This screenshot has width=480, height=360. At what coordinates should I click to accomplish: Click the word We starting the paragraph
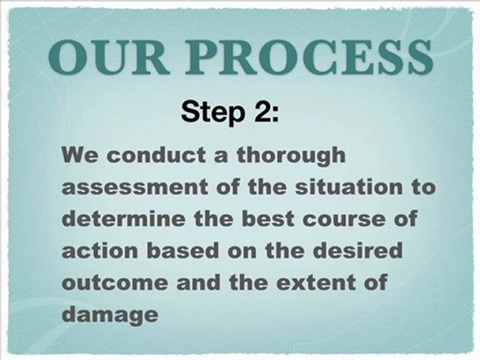pyautogui.click(x=79, y=155)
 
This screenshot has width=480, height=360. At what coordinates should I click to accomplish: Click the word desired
pyautogui.click(x=357, y=250)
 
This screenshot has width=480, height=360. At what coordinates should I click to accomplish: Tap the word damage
pyautogui.click(x=110, y=314)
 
